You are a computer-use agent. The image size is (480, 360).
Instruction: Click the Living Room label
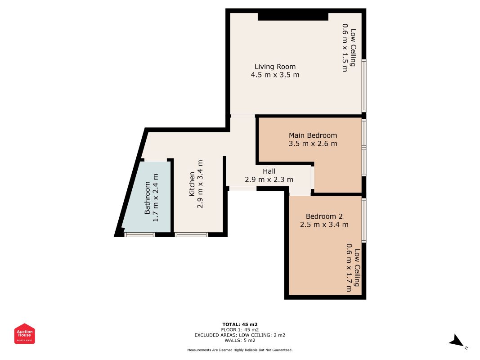[275, 67]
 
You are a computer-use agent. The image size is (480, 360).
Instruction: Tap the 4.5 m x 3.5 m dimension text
[275, 75]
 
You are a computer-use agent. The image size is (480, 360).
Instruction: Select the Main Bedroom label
[313, 135]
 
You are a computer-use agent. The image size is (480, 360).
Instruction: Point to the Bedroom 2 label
[324, 216]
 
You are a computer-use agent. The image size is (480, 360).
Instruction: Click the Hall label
[269, 171]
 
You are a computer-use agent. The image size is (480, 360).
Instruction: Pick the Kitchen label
[192, 184]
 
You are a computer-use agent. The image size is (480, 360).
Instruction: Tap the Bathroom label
[147, 198]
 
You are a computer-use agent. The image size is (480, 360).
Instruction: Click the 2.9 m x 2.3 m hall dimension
[269, 180]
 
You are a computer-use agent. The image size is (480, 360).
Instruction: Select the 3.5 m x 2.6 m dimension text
[313, 144]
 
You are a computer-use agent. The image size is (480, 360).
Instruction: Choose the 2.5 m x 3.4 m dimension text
[324, 225]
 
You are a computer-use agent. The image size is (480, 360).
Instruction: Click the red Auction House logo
[24, 333]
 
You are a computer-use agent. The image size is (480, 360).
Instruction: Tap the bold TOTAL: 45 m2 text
[240, 324]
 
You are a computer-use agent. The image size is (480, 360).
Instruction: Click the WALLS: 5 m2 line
[240, 340]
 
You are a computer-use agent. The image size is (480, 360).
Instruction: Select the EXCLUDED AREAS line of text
[240, 335]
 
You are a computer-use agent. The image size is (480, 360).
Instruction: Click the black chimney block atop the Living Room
[293, 17]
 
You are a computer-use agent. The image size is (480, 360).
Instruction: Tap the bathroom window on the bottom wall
[139, 235]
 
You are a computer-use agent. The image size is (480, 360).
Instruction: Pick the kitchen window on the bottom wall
[192, 235]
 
